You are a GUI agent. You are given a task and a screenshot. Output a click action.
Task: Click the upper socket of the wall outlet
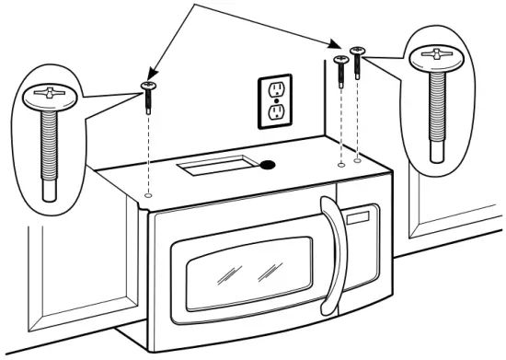[273, 89]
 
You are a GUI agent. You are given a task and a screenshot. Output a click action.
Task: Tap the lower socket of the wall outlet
[273, 112]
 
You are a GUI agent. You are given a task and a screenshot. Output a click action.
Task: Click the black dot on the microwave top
[268, 166]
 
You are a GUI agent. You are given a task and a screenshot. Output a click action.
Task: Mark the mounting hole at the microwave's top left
[149, 195]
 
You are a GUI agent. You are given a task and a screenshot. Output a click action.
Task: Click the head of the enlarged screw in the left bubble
[47, 93]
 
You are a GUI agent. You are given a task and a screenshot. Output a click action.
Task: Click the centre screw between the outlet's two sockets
[273, 100]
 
